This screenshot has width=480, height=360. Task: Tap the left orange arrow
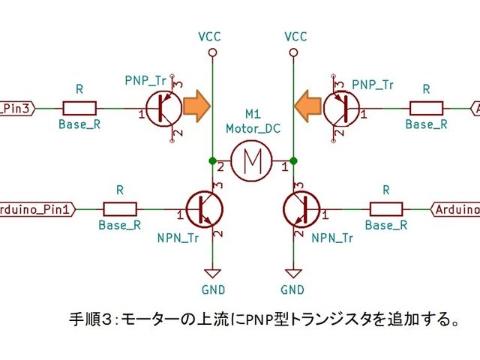pos(198,106)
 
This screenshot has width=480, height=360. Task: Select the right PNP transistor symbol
pos(341,109)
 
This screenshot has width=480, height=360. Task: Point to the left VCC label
pos(211,36)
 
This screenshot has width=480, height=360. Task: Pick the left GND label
pos(212,289)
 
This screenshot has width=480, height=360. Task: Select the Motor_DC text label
pos(253,128)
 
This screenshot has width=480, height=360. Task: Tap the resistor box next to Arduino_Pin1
pos(120,209)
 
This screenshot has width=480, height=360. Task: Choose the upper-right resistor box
pos(425,109)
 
